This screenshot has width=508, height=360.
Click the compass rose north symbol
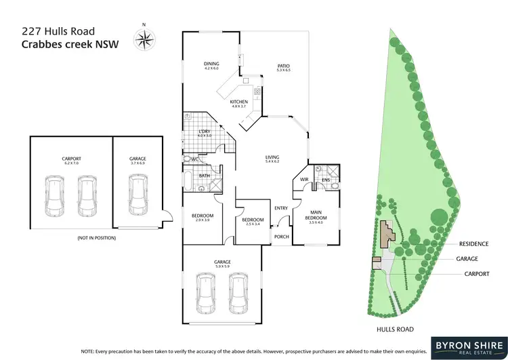click(x=143, y=39)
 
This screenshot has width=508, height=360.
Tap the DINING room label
click(x=211, y=64)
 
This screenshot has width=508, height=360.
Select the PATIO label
click(x=283, y=65)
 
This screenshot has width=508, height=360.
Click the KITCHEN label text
click(x=240, y=102)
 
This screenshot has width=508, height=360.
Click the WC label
click(x=194, y=159)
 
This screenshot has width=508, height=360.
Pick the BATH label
click(x=203, y=176)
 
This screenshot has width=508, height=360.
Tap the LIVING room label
click(x=272, y=158)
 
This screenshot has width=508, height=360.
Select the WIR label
click(x=304, y=180)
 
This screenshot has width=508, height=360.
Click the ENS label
click(x=326, y=180)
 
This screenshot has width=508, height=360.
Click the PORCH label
click(x=280, y=237)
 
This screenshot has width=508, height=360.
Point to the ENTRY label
click(x=280, y=208)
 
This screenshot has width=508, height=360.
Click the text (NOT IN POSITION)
click(x=97, y=239)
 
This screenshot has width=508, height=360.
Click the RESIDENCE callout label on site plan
click(x=473, y=243)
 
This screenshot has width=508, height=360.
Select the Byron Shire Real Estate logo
click(x=463, y=342)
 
